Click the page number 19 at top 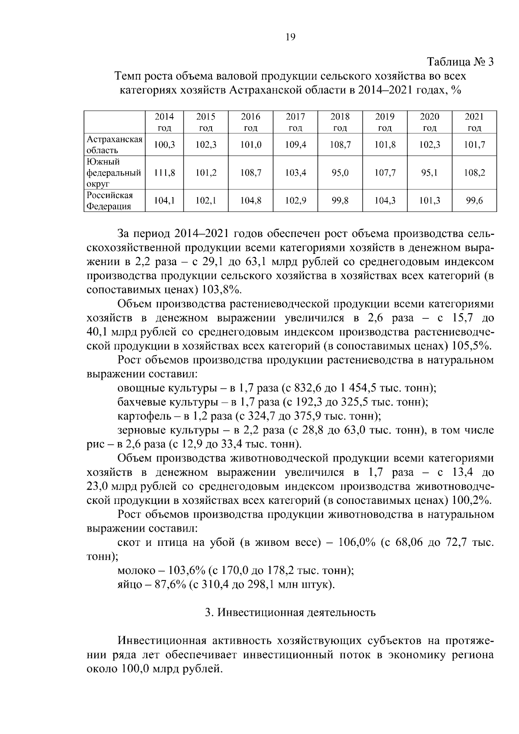[x=290, y=37]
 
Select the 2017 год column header [x=295, y=122]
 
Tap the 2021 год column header [x=474, y=122]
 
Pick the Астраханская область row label [x=114, y=145]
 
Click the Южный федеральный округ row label [x=114, y=173]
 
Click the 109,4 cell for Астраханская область [x=295, y=145]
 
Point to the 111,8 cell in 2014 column [x=164, y=173]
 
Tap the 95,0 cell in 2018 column [x=340, y=173]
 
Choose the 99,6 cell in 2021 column [x=474, y=201]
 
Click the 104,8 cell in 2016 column [x=251, y=201]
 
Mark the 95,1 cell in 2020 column [x=429, y=173]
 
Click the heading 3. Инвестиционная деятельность [x=290, y=612]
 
